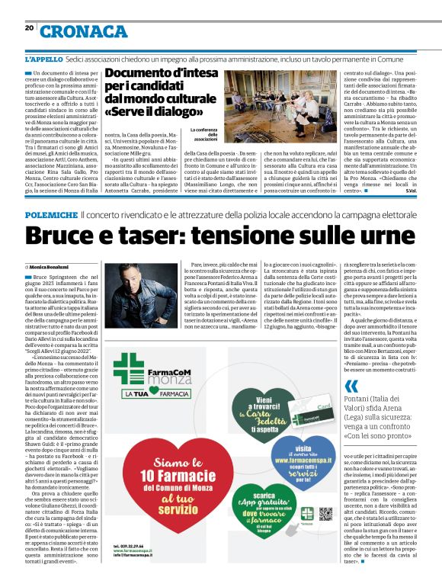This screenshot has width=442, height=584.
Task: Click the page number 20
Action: [29, 27]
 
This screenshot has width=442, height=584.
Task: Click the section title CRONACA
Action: [84, 31]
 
